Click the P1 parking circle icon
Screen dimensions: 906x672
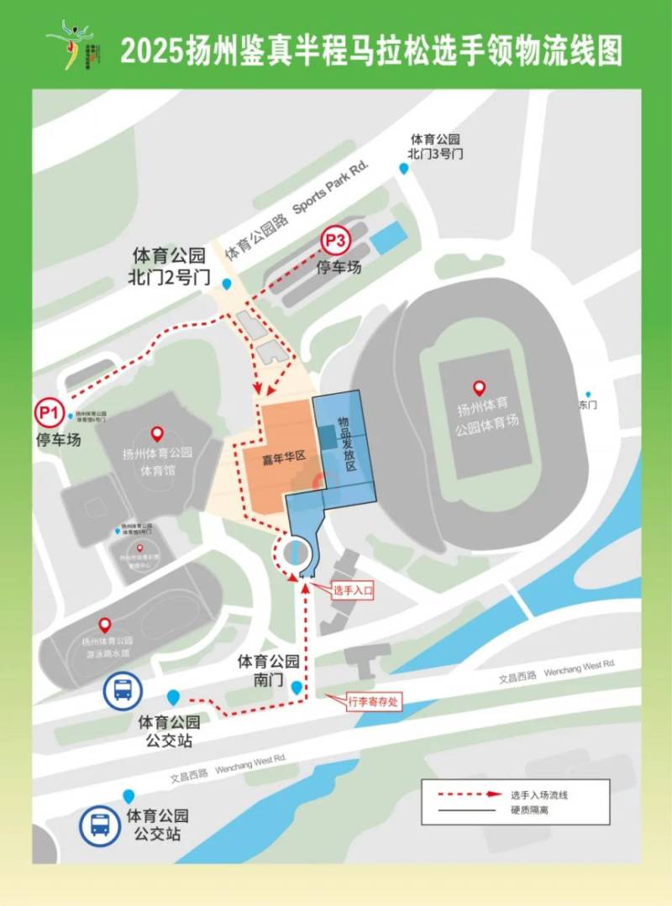point(48,412)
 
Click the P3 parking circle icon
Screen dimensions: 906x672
point(335,241)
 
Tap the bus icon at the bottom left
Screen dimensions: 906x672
point(100,823)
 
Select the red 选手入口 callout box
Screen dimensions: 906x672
point(352,590)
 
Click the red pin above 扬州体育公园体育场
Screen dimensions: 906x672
point(479,388)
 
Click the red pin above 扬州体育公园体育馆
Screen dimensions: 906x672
point(156,434)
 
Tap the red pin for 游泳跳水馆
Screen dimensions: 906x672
point(105,625)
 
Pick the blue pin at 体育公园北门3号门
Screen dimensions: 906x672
point(403,169)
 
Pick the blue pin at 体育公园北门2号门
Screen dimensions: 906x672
point(228,282)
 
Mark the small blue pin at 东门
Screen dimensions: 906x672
point(588,395)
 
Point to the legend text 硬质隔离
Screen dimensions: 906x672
point(528,810)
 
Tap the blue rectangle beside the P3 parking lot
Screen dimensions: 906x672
point(390,238)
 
